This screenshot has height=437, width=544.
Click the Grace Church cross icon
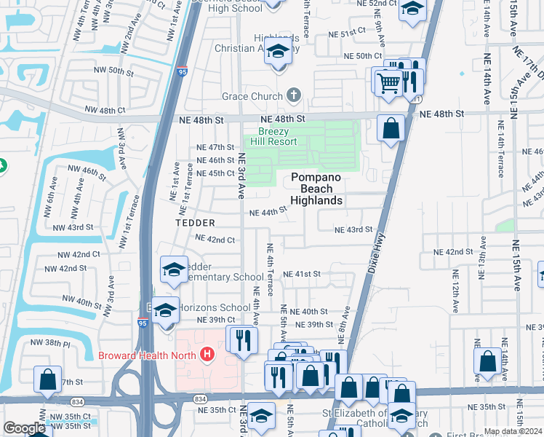tap(294, 95)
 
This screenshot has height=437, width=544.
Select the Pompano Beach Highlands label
tap(316, 189)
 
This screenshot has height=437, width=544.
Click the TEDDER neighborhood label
tap(195, 222)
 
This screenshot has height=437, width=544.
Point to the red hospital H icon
tap(208, 355)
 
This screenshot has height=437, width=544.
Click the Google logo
tap(24, 428)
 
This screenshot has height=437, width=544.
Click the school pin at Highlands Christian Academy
tap(277, 52)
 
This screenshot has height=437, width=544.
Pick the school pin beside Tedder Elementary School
tap(174, 271)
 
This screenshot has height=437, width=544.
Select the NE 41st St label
tap(302, 274)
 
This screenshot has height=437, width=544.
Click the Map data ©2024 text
tap(513, 431)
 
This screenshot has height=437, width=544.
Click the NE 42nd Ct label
tap(214, 239)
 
